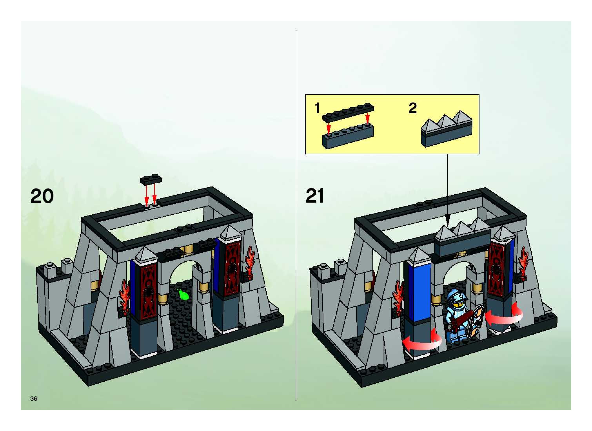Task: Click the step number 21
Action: click(315, 196)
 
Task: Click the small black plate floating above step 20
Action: click(151, 179)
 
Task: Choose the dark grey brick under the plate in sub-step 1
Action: click(348, 137)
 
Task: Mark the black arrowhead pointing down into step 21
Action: click(447, 224)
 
